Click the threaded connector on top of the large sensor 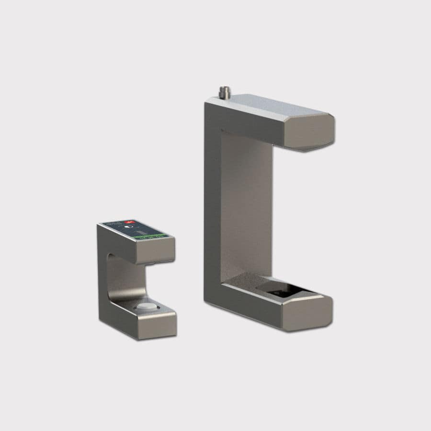tap(223, 91)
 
